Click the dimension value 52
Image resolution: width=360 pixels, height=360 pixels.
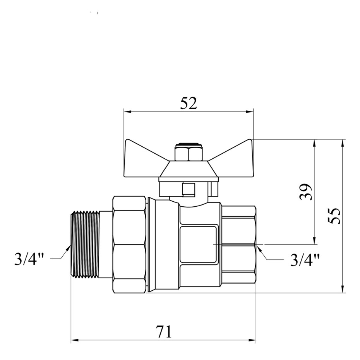[x=189, y=103]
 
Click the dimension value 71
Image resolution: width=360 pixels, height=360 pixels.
[x=163, y=331]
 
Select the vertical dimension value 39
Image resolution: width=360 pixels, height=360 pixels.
[x=306, y=192]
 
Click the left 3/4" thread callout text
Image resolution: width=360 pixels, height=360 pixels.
[x=29, y=259]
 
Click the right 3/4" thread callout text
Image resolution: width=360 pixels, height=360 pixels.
[x=305, y=260]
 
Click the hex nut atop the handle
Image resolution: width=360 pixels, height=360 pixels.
[x=189, y=153]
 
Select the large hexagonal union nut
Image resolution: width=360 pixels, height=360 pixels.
[x=130, y=245]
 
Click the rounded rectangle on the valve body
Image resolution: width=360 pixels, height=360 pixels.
[x=198, y=245]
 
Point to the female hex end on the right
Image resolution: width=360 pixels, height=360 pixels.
[x=239, y=245]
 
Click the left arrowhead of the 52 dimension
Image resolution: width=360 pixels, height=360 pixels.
[x=127, y=112]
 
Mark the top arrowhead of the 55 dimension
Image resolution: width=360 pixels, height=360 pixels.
[x=343, y=143]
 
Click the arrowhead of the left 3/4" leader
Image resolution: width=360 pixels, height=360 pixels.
[x=68, y=248]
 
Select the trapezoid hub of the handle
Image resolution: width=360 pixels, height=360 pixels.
[x=189, y=169]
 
